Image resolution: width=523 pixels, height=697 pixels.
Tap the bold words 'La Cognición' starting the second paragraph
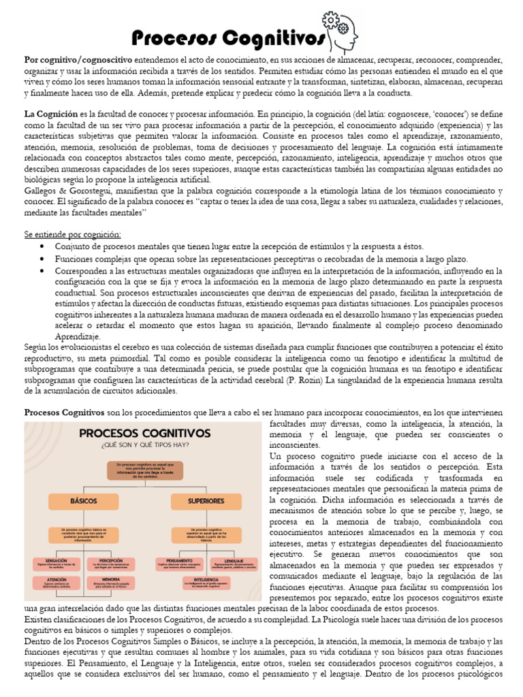[51, 115]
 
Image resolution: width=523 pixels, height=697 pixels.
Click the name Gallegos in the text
[44, 191]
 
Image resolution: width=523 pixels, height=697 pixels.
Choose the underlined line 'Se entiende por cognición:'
[73, 235]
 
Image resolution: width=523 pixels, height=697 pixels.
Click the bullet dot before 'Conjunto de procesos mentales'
[43, 246]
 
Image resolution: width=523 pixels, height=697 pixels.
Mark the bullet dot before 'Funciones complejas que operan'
[43, 259]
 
